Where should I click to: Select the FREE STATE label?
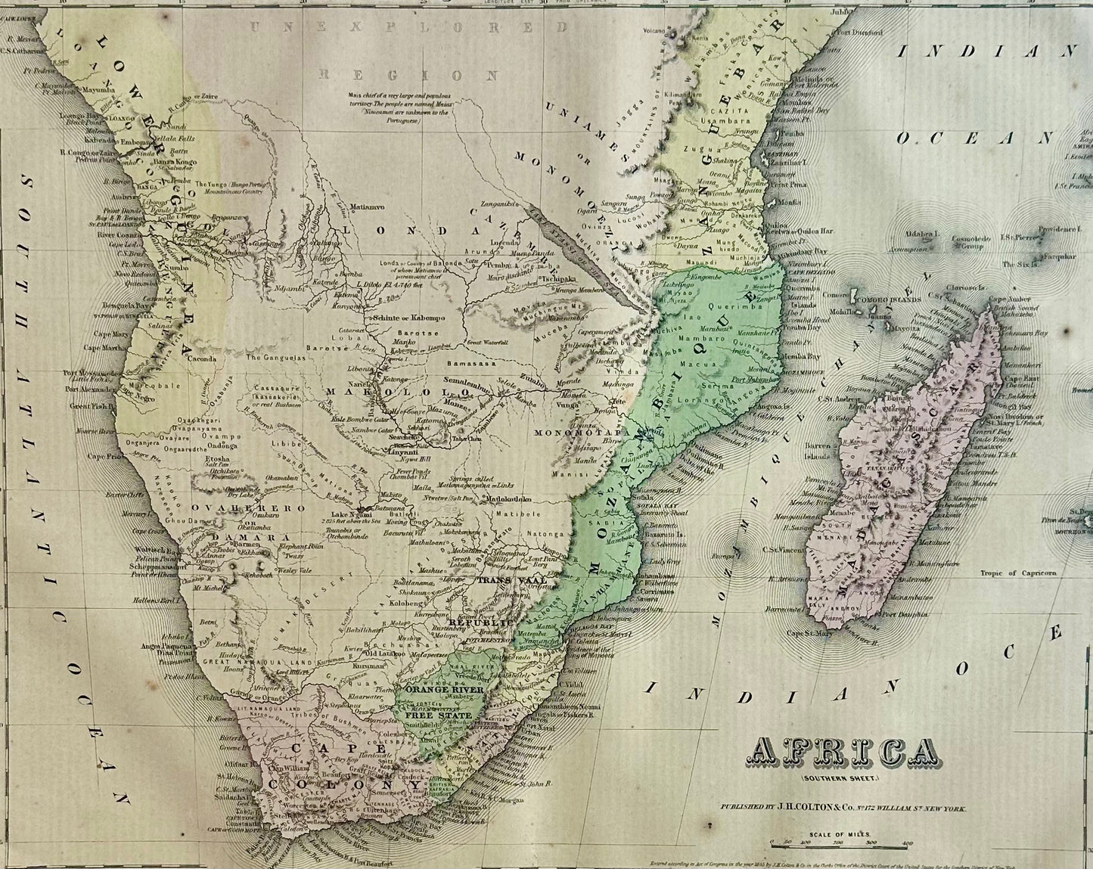pyautogui.click(x=438, y=715)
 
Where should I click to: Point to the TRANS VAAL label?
pyautogui.click(x=504, y=580)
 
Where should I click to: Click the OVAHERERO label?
pyautogui.click(x=238, y=507)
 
